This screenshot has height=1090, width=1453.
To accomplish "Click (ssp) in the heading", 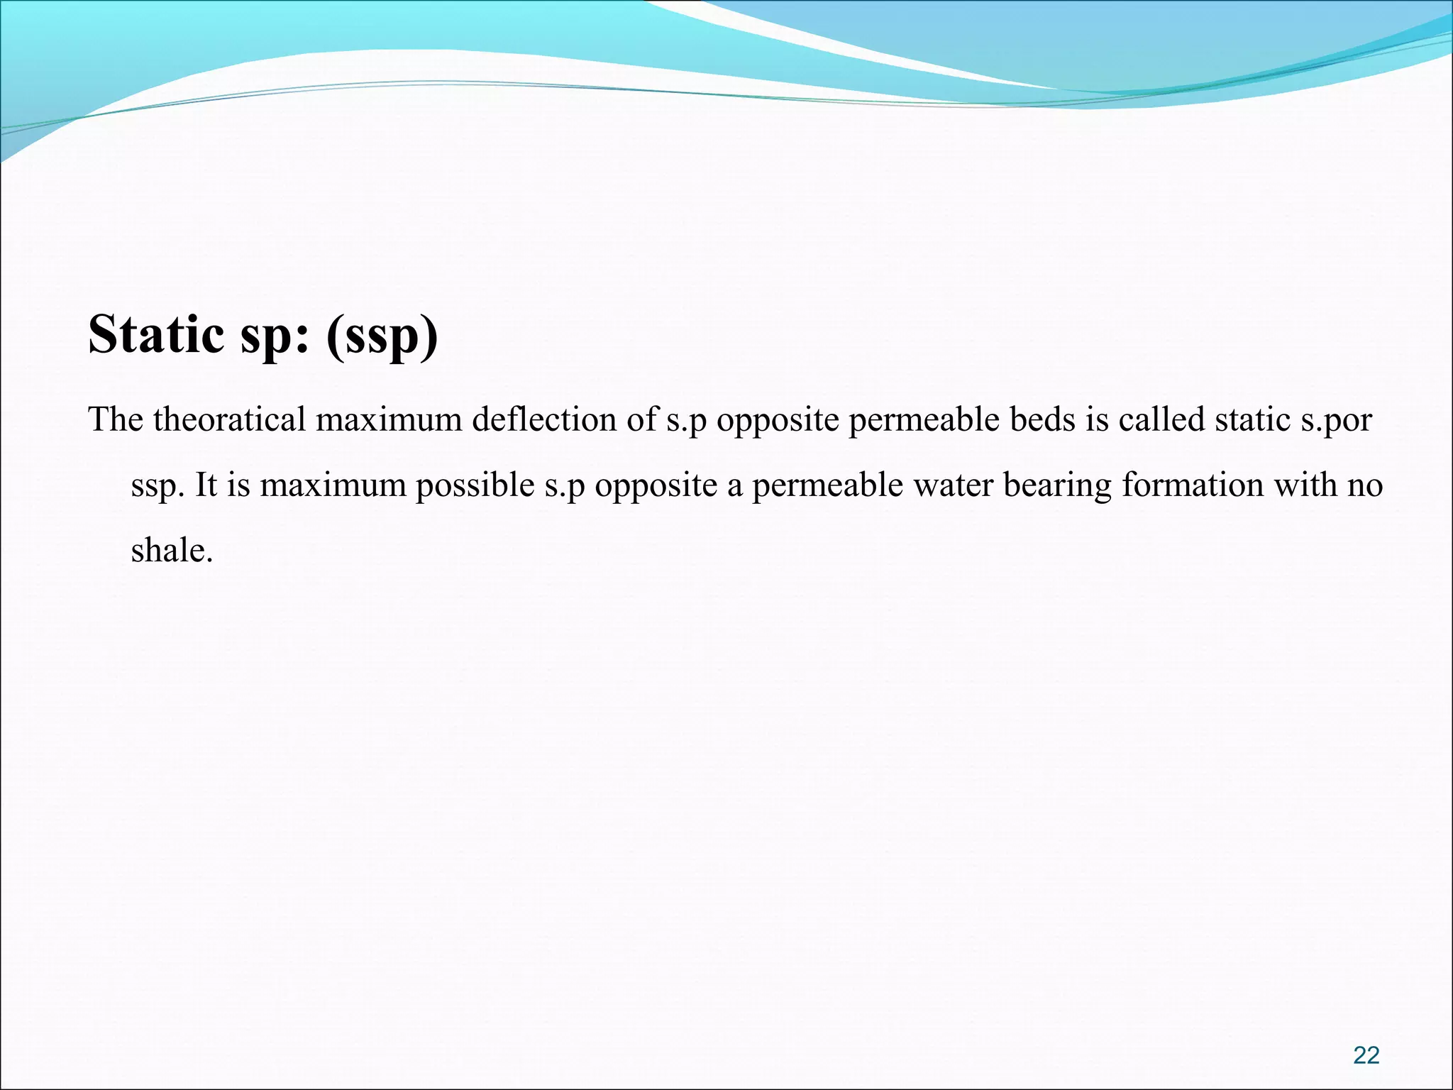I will point(382,335).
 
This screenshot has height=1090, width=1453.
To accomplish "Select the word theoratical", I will point(229,419).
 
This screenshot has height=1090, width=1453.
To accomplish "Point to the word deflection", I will point(544,419).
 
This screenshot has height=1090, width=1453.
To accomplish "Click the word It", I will point(206,485).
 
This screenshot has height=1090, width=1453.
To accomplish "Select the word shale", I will point(172,550).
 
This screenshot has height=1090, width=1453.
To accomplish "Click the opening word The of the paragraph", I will point(116,419).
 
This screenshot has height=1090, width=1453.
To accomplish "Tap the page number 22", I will point(1366,1055).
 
